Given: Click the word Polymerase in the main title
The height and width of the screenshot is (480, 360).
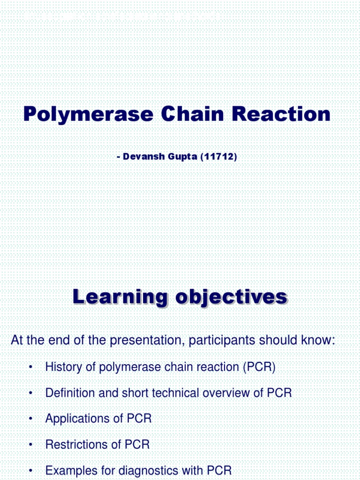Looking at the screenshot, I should [89, 114].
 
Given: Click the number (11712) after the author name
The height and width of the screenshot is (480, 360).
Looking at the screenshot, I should [218, 157].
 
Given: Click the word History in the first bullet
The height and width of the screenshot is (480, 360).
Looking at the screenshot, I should [63, 367].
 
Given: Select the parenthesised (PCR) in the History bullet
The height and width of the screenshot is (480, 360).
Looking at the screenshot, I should [259, 367].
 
